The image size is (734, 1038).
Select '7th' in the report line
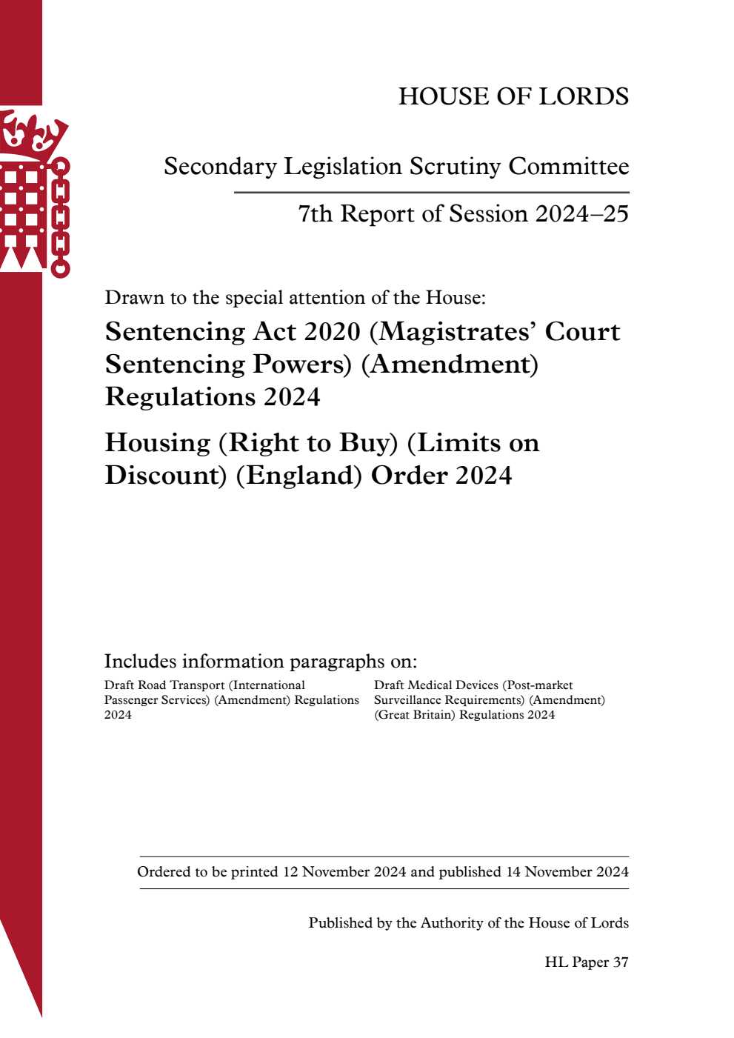(x=316, y=214)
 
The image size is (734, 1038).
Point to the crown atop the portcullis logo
(x=33, y=133)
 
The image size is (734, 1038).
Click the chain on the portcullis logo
(x=61, y=219)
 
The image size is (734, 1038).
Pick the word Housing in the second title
(x=158, y=443)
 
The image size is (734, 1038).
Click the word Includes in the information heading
(x=140, y=662)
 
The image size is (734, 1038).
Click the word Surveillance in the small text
(x=408, y=700)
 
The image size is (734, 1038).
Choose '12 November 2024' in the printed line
(x=344, y=872)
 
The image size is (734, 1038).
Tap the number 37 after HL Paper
(x=621, y=962)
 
